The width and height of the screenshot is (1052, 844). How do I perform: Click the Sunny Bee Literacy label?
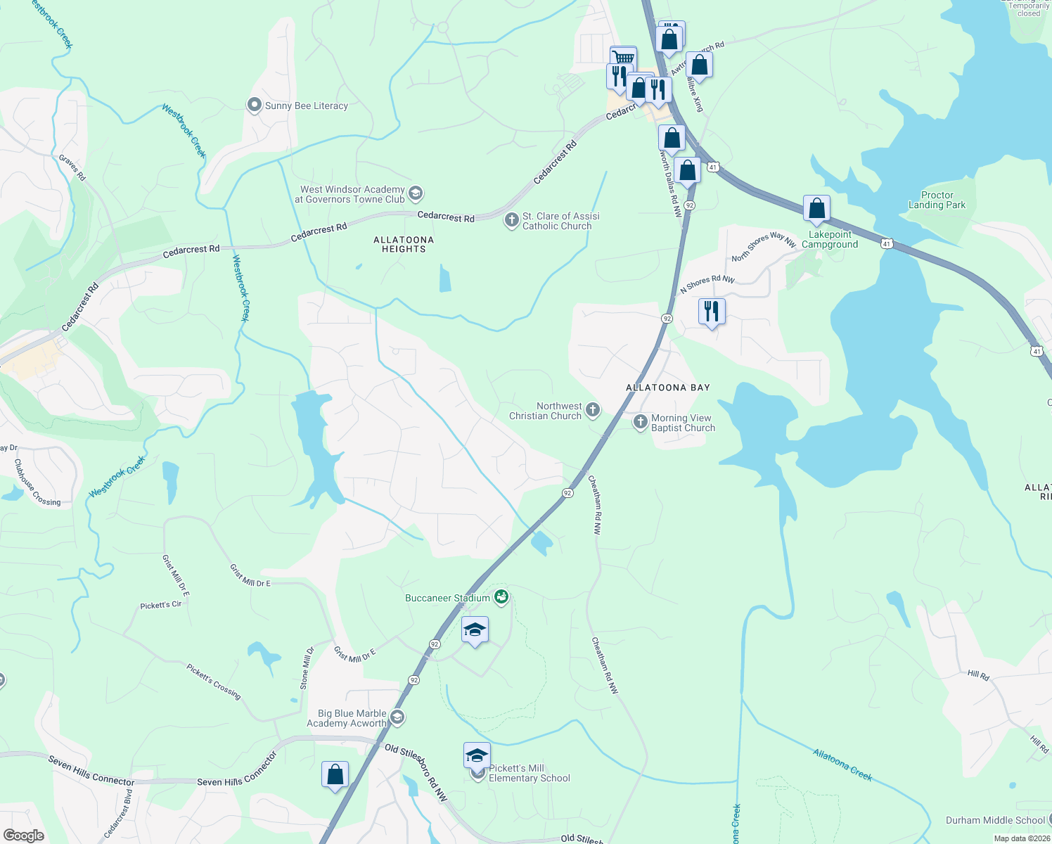[306, 106]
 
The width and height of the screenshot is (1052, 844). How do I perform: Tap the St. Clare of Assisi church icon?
[512, 221]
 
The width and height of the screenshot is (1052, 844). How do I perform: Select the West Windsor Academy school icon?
[416, 193]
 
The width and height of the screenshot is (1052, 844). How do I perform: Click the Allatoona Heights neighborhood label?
[404, 244]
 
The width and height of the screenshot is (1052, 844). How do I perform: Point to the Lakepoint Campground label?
[830, 240]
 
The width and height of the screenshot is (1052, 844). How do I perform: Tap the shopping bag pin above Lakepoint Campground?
[816, 208]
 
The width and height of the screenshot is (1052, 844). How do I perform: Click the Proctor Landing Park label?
[937, 200]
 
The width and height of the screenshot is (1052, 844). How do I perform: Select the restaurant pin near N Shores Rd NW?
[712, 310]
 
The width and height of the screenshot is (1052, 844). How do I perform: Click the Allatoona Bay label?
[668, 388]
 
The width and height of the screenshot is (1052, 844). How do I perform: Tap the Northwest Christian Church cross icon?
[593, 410]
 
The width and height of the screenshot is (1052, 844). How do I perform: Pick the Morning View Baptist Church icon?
[640, 422]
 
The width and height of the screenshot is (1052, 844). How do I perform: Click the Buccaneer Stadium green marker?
[501, 598]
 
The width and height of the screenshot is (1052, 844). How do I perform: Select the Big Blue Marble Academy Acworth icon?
[397, 717]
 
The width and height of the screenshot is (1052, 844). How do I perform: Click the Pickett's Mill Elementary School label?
[529, 774]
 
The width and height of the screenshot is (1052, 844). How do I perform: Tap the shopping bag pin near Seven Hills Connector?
[335, 774]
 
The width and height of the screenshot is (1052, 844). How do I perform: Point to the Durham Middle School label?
[995, 820]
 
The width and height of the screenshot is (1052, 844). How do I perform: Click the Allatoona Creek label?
[842, 765]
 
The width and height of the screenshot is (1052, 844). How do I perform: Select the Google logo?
[23, 836]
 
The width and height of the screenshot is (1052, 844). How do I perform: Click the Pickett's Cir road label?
[161, 605]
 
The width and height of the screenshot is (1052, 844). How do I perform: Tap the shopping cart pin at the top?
[623, 57]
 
